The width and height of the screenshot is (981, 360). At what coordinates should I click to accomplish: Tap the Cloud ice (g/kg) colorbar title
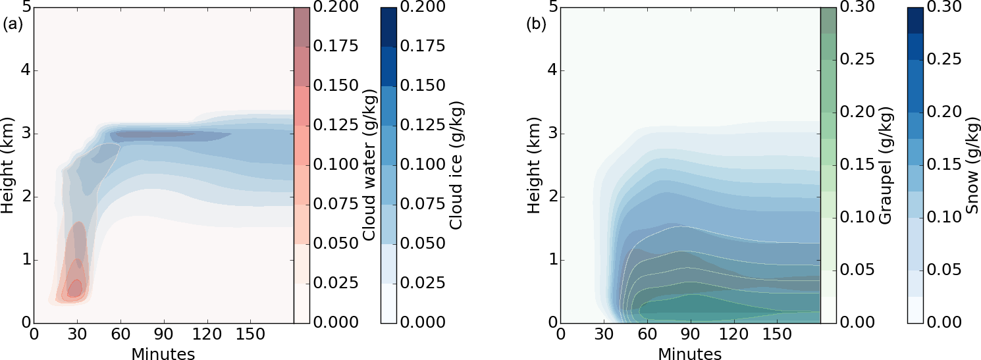click(x=456, y=166)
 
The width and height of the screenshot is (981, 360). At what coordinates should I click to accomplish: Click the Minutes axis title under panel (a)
click(x=163, y=354)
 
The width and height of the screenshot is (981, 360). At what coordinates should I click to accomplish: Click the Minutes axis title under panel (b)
click(x=689, y=354)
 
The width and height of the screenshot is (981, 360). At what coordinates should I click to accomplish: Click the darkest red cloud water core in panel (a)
click(x=76, y=288)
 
